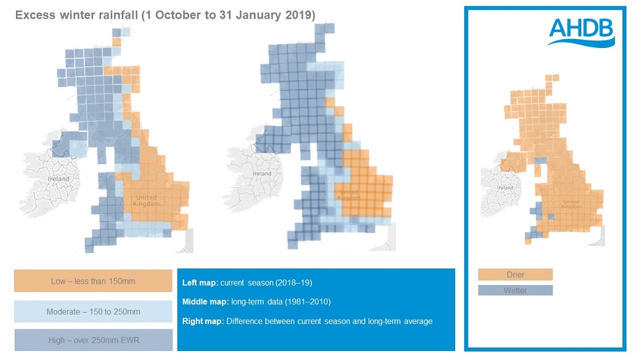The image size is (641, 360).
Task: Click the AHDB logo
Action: coord(581,32)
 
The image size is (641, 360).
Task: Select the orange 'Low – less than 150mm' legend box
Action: coord(93,281)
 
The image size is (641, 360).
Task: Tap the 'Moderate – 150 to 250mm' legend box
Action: coord(93,311)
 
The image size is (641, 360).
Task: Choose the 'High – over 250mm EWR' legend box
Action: coord(93,340)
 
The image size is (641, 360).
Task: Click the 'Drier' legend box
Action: coord(515,275)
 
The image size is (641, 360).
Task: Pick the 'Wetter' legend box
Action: coord(515,290)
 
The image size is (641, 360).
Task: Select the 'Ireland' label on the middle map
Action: coord(262,174)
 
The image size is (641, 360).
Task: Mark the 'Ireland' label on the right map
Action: coord(505,188)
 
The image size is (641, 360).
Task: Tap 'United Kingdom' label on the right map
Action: coord(570,205)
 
